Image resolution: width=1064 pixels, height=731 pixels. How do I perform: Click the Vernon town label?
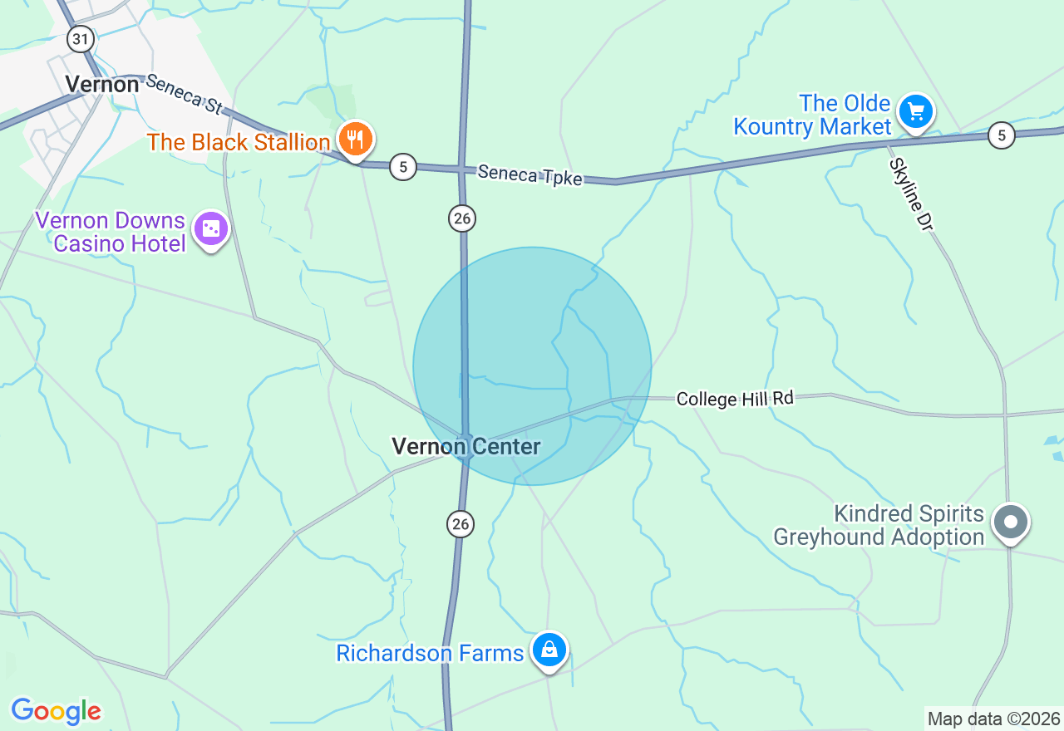tap(101, 84)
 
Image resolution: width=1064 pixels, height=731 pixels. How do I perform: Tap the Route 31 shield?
tap(80, 38)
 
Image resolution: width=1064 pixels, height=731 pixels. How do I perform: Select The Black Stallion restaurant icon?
tap(356, 140)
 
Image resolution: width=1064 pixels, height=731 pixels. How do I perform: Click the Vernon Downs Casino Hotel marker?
tap(211, 229)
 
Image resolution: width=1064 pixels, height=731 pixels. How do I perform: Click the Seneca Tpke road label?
tap(530, 175)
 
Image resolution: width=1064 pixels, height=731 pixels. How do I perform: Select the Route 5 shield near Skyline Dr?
tap(1002, 135)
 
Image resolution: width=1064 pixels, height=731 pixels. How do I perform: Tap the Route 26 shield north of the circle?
tap(462, 218)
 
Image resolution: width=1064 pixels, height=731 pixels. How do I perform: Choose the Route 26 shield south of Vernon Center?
tap(461, 523)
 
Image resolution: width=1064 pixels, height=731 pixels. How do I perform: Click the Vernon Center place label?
tap(465, 447)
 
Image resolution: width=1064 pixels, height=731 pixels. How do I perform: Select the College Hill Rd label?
tap(735, 399)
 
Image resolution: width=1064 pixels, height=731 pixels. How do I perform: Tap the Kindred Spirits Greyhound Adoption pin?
tap(1011, 522)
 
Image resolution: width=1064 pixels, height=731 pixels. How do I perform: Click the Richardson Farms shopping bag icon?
tap(549, 650)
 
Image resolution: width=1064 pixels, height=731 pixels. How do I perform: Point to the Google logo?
tap(56, 712)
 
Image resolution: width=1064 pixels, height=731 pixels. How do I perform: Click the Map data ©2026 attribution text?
tap(993, 719)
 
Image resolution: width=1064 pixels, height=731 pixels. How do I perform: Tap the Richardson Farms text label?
tap(430, 653)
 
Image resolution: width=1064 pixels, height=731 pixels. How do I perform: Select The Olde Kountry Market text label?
tap(811, 115)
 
